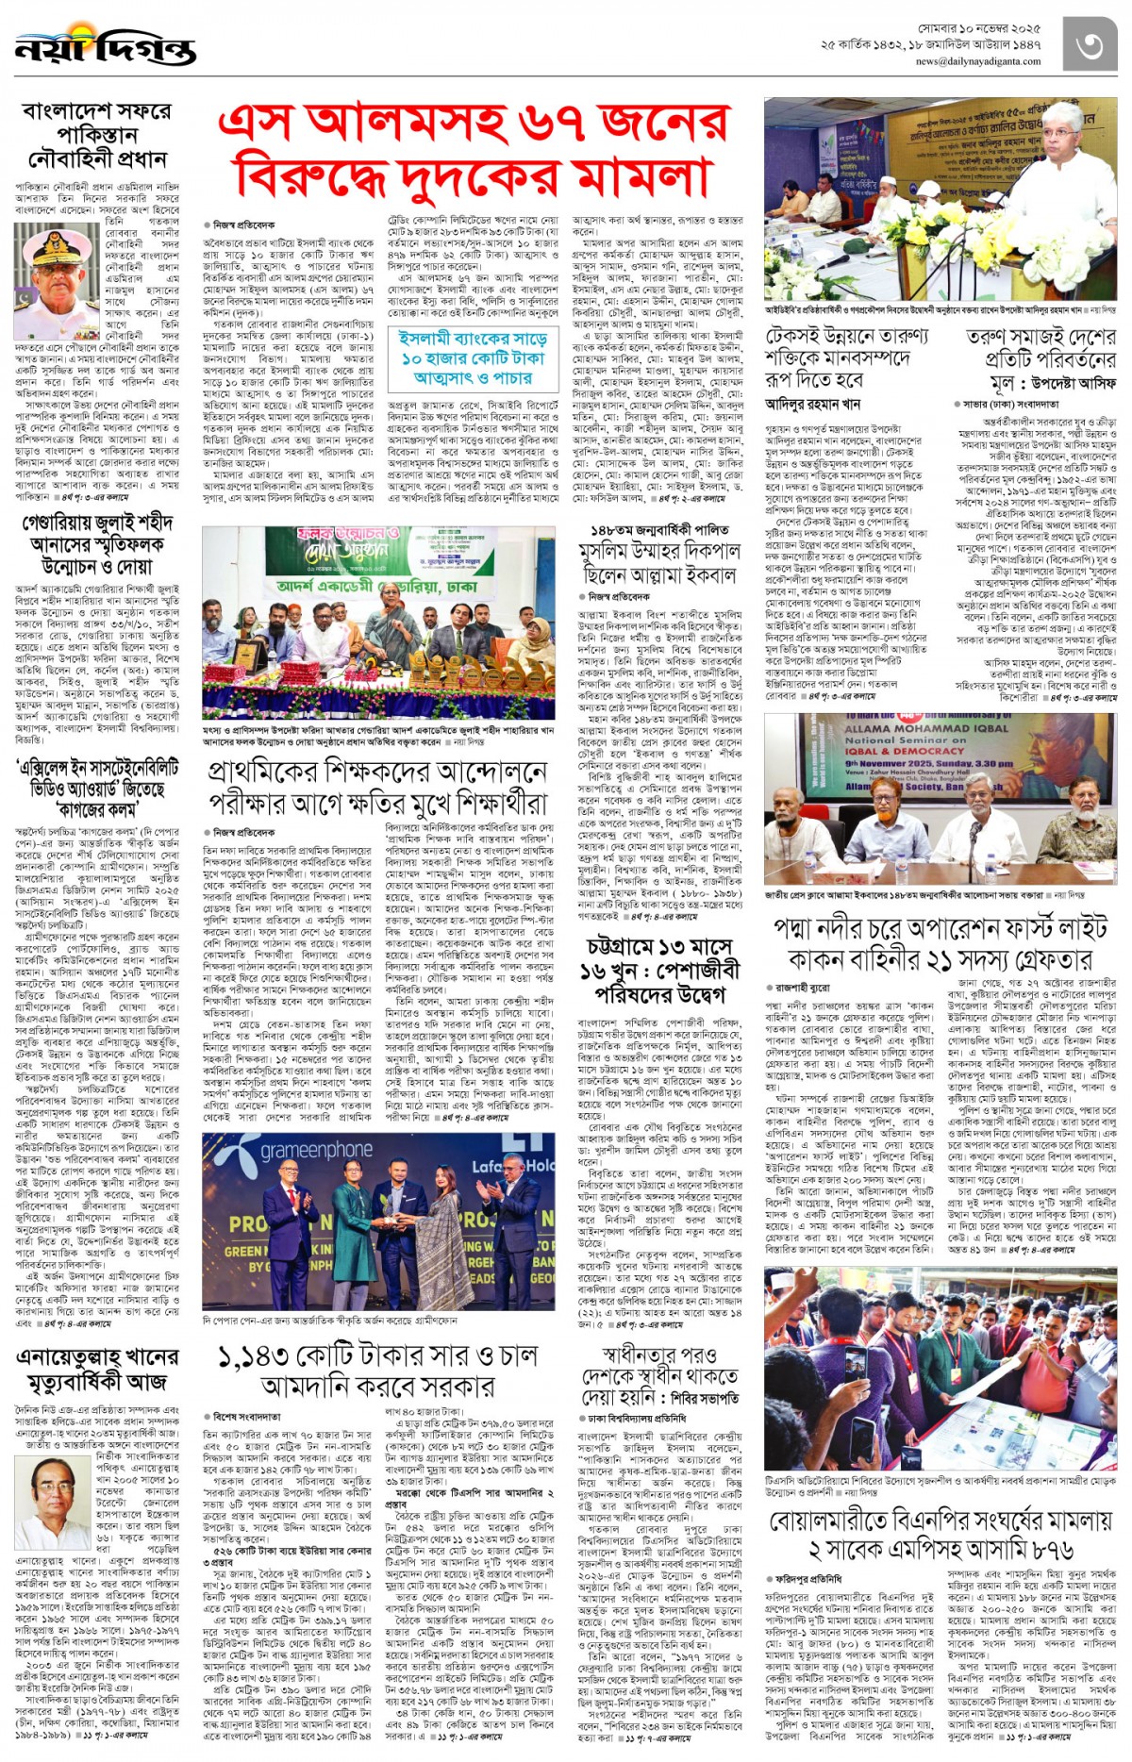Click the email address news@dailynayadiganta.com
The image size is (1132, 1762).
point(977,62)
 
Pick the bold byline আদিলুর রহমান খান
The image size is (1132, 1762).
point(812,404)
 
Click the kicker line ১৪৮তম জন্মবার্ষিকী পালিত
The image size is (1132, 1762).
point(659,530)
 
